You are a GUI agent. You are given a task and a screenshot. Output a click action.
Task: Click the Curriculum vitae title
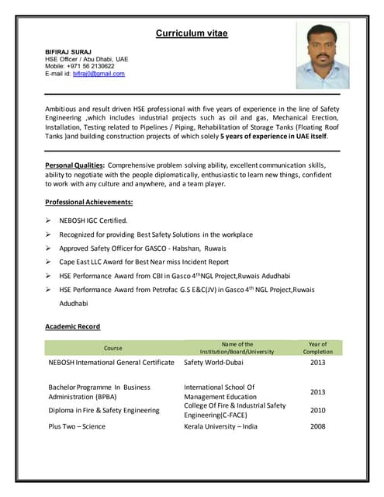[192, 33]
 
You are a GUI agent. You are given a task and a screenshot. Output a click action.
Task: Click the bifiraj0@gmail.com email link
[99, 74]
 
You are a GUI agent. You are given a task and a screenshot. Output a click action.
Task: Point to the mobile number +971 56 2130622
[92, 66]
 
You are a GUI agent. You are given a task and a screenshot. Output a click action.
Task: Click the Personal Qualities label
[74, 165]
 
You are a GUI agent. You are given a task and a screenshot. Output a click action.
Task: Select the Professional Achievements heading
[88, 202]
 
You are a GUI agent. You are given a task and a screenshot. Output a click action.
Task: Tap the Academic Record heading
[72, 326]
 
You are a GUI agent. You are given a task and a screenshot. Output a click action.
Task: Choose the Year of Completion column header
[317, 347]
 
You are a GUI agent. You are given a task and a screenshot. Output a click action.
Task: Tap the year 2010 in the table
[317, 410]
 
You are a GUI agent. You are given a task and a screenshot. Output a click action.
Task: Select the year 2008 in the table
[317, 426]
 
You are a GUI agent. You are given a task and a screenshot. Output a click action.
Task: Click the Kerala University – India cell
[220, 426]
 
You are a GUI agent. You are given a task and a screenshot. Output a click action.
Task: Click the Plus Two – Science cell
[77, 426]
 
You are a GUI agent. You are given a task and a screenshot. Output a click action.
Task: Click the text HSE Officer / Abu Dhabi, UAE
[87, 59]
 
